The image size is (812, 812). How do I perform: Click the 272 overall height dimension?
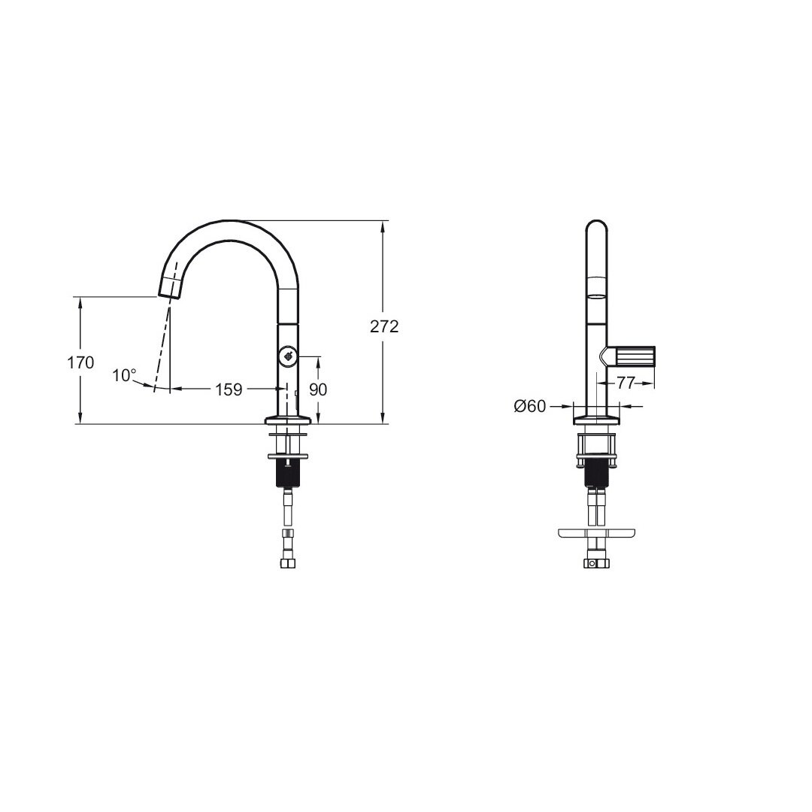coord(384,327)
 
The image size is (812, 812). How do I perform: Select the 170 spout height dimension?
coord(80,362)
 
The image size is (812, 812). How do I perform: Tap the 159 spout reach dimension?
coord(229,389)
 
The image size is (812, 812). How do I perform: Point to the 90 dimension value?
coord(318,389)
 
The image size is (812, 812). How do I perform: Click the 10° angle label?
coord(124,375)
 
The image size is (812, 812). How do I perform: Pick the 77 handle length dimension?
coord(626,383)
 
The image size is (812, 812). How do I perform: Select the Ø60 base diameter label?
coord(530,407)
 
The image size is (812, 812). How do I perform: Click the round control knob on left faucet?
coord(287,356)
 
